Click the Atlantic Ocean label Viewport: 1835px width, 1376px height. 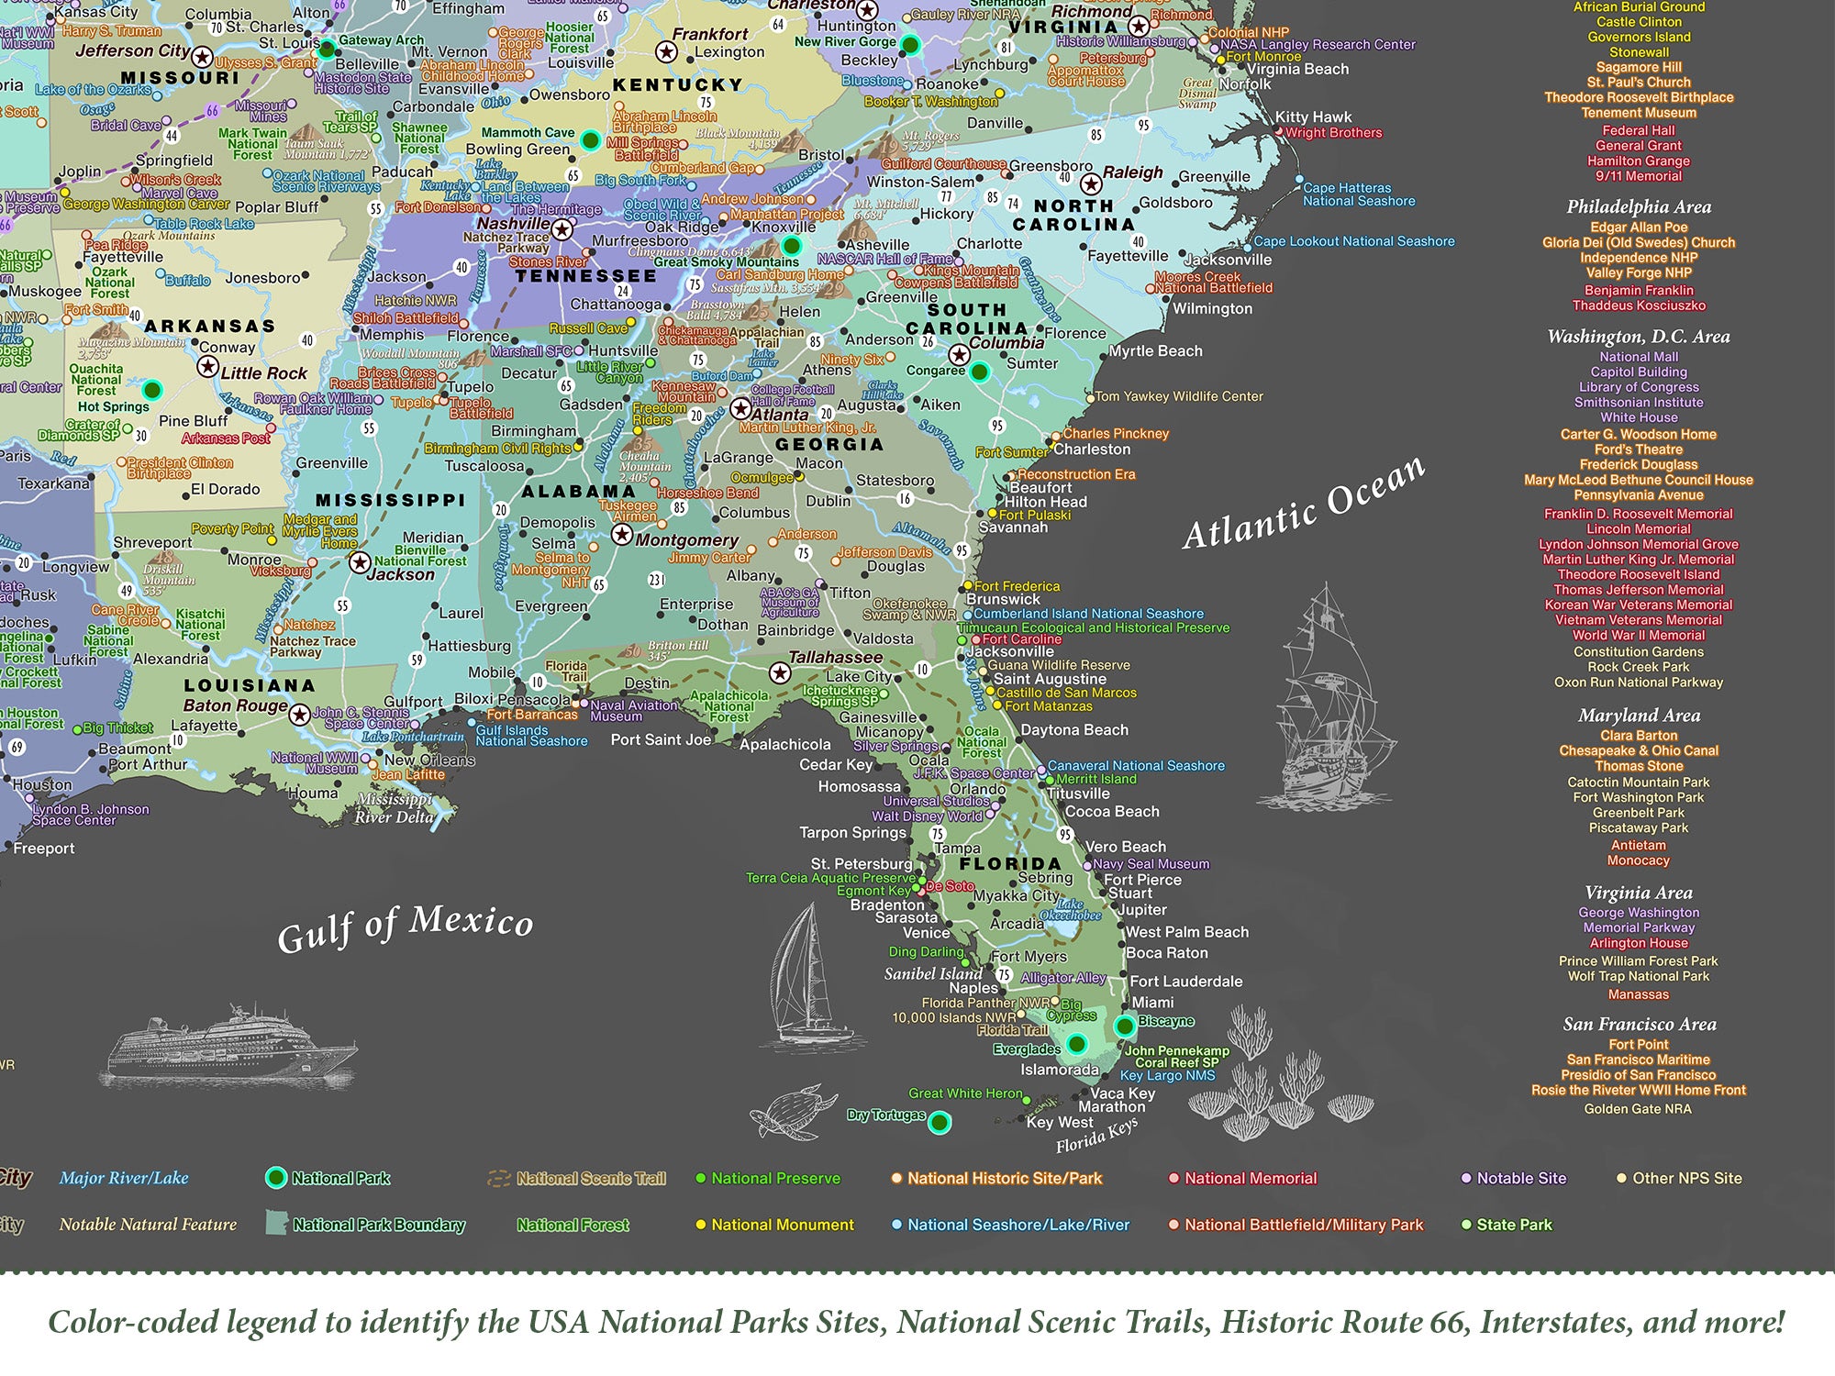tap(1304, 504)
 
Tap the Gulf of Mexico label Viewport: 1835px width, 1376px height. tap(405, 927)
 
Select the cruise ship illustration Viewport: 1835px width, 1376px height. tap(233, 1046)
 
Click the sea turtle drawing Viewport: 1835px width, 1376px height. tap(794, 1112)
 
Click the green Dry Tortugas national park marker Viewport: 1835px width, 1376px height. tap(939, 1122)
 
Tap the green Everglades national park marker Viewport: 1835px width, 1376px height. tap(1077, 1044)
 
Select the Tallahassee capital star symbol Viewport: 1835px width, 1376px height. tap(780, 673)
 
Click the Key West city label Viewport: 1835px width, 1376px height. tap(1059, 1122)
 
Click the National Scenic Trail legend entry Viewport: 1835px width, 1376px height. tap(590, 1179)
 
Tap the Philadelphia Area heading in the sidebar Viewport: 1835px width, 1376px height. tap(1639, 206)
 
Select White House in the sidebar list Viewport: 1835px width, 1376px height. tap(1639, 417)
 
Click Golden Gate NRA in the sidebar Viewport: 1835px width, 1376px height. tap(1638, 1108)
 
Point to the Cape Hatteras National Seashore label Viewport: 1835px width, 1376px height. tap(1359, 194)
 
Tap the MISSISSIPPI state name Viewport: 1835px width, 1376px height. tap(391, 501)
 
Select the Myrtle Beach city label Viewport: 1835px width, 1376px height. tap(1155, 351)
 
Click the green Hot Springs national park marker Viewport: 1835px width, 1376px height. tap(152, 390)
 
